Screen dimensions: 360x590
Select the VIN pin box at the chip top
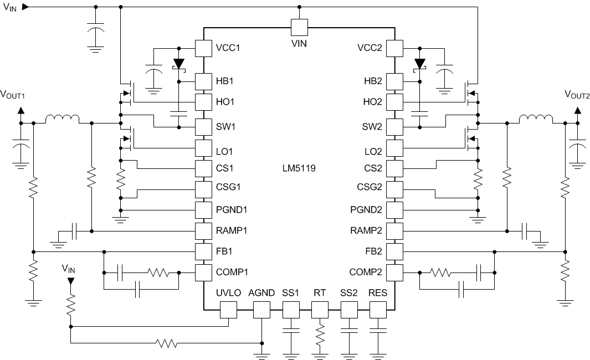[x=299, y=27]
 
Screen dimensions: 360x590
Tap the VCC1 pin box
[x=203, y=48]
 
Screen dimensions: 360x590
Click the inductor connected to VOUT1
[x=62, y=120]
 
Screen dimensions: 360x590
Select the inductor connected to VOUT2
[x=535, y=120]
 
